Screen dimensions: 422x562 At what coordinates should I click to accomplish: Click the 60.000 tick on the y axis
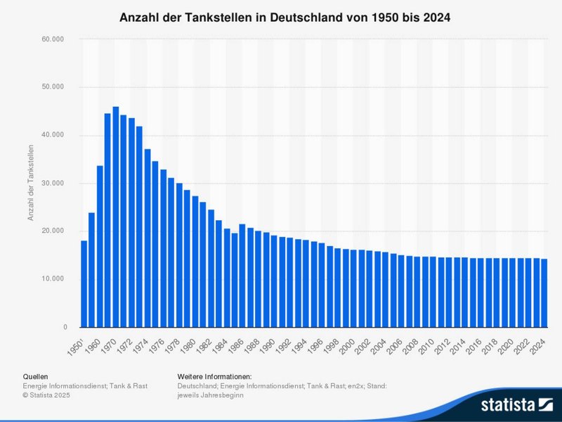[x=53, y=39]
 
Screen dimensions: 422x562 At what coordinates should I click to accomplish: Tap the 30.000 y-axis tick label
[x=53, y=184]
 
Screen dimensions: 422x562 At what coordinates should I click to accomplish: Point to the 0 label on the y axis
[x=65, y=328]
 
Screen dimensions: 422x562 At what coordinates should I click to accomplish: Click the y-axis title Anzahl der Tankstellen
[x=31, y=183]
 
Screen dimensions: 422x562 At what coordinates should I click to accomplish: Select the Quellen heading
[x=36, y=377]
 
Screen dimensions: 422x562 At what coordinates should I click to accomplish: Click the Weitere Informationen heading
[x=214, y=377]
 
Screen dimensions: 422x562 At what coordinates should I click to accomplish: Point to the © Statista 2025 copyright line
[x=46, y=395]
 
